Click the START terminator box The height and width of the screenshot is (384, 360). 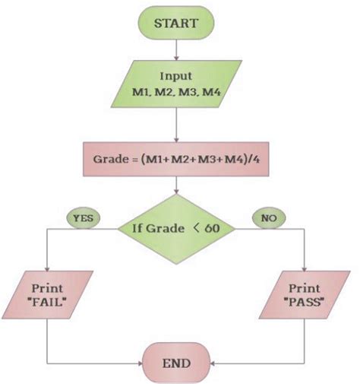(176, 22)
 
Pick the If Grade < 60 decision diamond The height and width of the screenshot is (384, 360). (176, 226)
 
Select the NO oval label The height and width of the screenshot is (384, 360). (267, 218)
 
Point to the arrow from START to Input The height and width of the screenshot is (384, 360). (176, 50)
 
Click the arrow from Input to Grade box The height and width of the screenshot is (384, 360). (176, 125)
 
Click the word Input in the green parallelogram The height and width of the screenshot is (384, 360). (175, 77)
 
